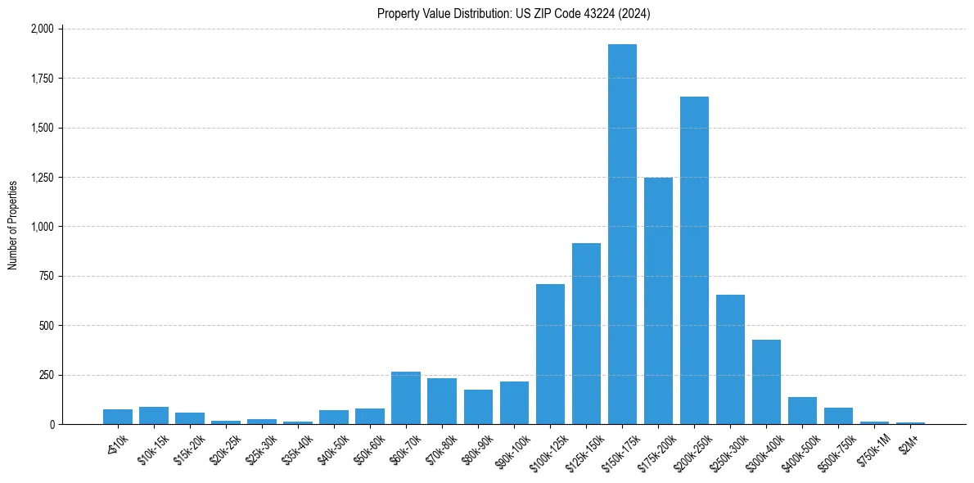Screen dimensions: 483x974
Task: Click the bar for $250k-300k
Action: (730, 359)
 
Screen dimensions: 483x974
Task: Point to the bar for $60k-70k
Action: (406, 398)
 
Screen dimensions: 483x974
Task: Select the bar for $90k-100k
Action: (514, 403)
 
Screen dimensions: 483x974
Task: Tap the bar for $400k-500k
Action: (802, 411)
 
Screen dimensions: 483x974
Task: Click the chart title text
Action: (514, 13)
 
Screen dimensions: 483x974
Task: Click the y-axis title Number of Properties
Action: (13, 226)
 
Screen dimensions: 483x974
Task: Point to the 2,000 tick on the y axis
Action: (42, 29)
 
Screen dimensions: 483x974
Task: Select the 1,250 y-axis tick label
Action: (42, 178)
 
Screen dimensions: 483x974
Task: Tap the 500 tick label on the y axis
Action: (47, 326)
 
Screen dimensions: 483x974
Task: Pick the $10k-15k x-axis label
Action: (152, 446)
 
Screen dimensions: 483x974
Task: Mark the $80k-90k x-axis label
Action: (477, 446)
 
